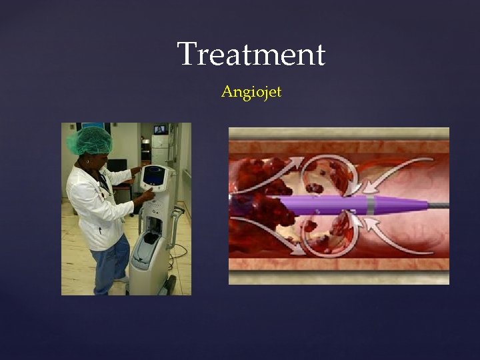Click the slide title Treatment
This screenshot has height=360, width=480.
click(251, 55)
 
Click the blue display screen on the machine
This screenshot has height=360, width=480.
click(154, 175)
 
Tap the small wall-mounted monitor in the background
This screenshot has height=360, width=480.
click(161, 129)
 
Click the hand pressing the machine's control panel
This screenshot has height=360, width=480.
click(141, 197)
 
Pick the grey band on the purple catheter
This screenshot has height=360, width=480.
click(371, 205)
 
